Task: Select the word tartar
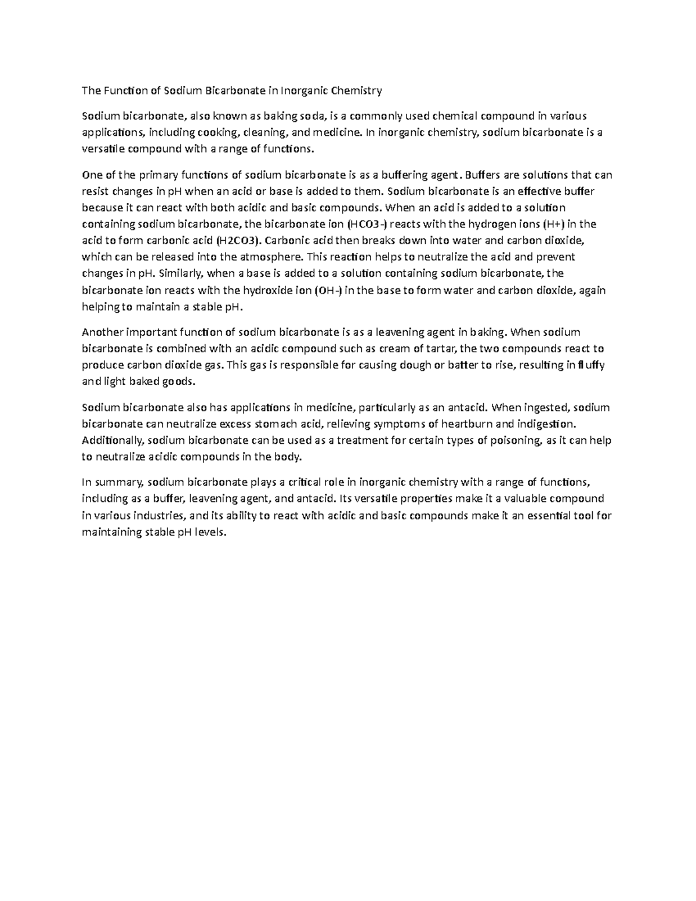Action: point(443,349)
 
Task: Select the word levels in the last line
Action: point(208,532)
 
